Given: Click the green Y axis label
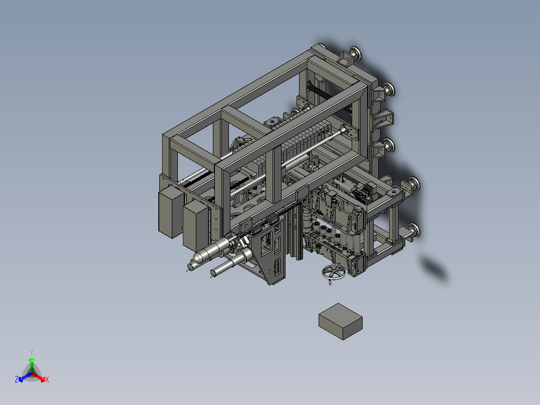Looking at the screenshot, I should (x=32, y=352).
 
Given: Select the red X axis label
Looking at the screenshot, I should (x=47, y=380).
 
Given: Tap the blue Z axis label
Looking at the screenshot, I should (x=17, y=380).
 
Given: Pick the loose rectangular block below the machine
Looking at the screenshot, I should (x=341, y=321).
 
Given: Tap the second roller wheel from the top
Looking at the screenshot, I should (x=389, y=90).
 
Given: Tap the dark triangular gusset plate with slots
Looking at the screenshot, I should (x=271, y=256).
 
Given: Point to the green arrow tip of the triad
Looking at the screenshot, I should (x=32, y=360).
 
